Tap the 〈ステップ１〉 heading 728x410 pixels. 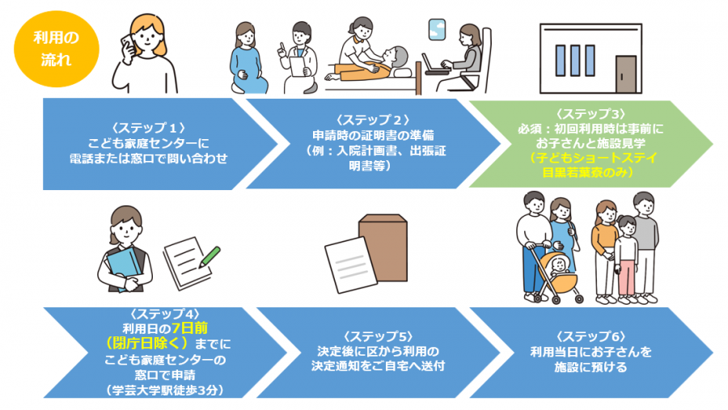click(150, 128)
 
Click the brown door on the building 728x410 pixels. click(626, 74)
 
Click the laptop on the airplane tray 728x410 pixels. click(438, 66)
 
